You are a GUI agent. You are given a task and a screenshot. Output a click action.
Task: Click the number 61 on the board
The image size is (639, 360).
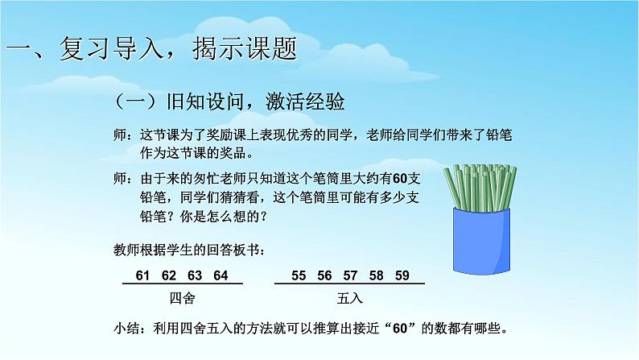coord(143,275)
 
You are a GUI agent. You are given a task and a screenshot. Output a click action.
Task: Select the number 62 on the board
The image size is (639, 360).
coord(169,275)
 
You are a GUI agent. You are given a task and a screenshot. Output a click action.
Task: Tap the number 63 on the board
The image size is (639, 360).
coord(195,275)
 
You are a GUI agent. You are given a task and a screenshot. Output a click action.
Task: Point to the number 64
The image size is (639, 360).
coord(221,275)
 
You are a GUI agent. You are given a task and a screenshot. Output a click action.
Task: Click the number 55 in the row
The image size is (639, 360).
coord(299,275)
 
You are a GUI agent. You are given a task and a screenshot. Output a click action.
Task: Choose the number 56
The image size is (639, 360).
coord(324,275)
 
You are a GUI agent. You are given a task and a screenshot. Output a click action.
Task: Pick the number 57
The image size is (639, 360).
coord(350,275)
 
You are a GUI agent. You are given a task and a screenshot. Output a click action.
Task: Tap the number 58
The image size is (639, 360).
coord(376,275)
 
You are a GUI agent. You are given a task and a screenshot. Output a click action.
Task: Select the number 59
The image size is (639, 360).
coord(402,275)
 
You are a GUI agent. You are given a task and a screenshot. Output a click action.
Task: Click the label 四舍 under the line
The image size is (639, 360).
coord(183,298)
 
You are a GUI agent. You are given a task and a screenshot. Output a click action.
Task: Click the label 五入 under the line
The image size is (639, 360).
coord(351,298)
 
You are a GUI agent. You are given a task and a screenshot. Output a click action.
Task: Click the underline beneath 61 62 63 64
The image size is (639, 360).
coord(182,285)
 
